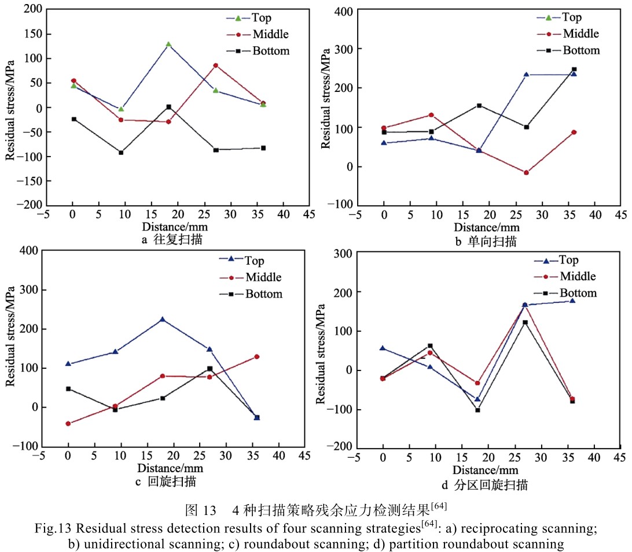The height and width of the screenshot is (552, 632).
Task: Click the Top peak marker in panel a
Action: [168, 45]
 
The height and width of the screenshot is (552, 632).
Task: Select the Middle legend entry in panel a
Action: [261, 34]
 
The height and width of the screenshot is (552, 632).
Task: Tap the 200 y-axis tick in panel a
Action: [34, 10]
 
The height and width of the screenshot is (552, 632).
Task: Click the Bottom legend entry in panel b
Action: [573, 50]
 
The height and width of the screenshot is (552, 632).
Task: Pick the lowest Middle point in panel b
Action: [526, 172]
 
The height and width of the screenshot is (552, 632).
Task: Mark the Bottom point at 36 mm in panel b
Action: [574, 69]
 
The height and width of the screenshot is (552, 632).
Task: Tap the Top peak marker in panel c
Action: [163, 319]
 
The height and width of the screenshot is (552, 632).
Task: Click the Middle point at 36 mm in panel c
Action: [257, 357]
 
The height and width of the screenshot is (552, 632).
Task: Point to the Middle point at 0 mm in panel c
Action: [68, 423]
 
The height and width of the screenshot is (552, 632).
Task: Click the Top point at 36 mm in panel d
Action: [572, 301]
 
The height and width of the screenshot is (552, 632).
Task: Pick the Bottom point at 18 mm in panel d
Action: [477, 410]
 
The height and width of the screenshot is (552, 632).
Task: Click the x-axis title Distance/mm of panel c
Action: [166, 468]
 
